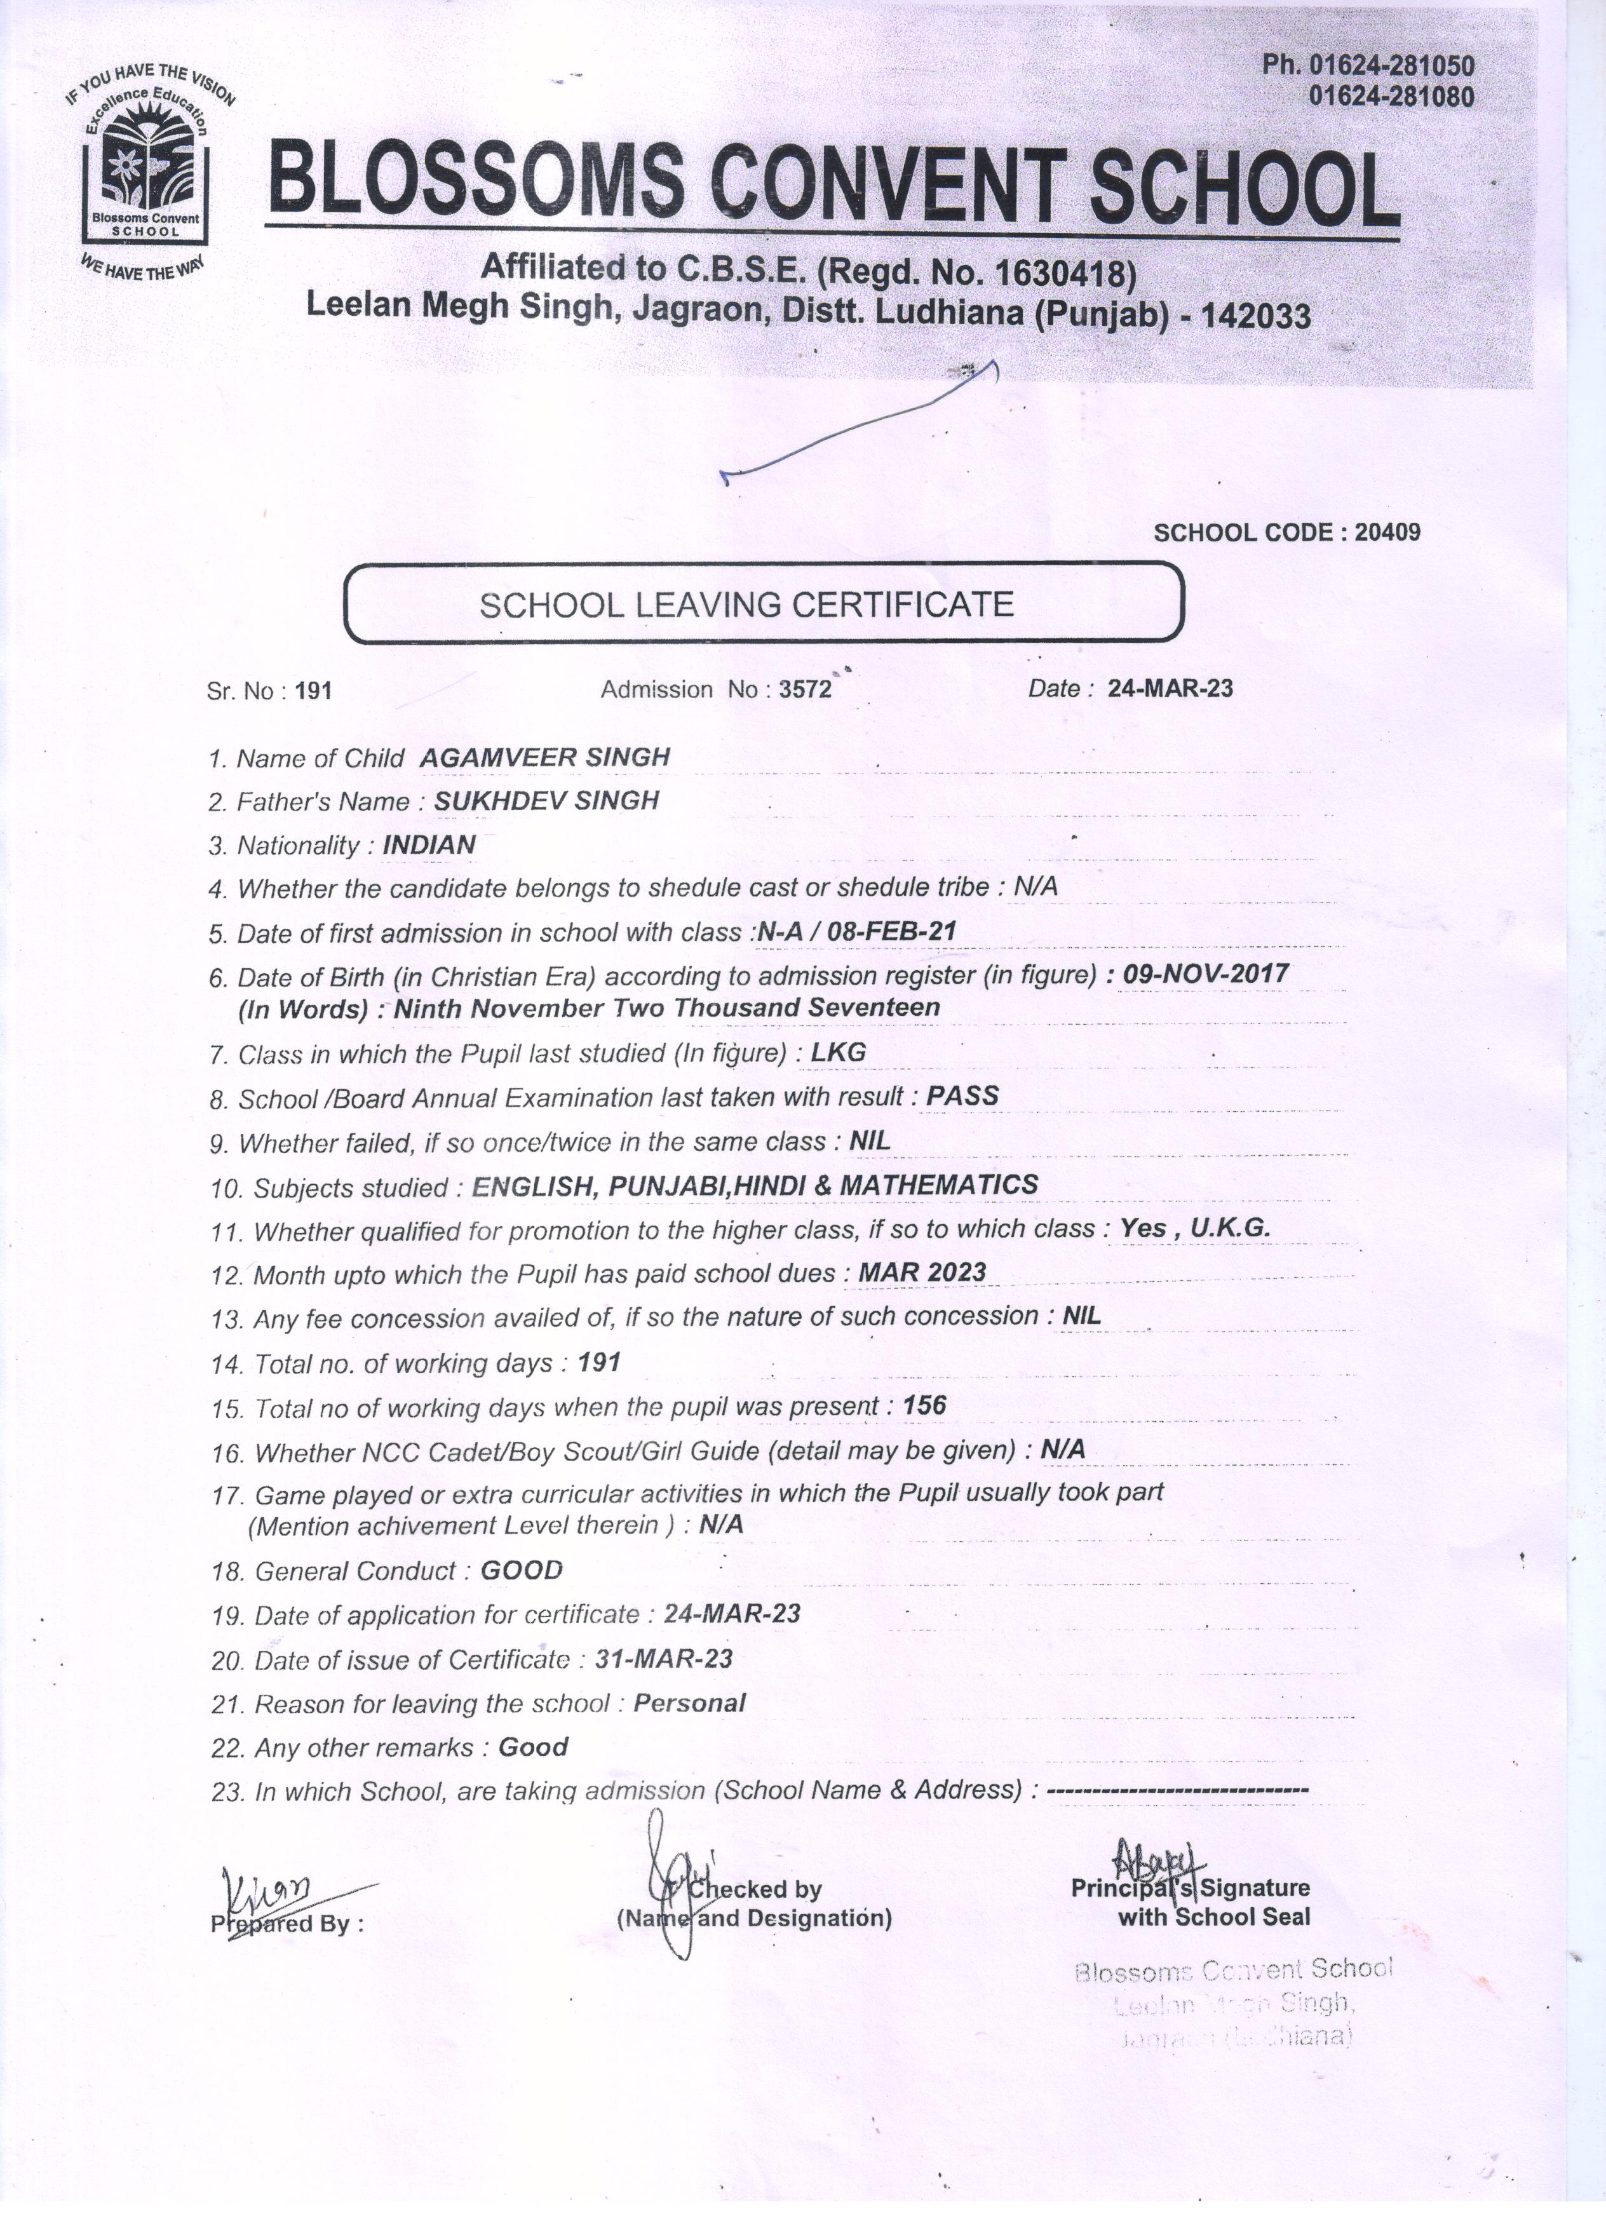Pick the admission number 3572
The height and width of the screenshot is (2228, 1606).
(x=806, y=690)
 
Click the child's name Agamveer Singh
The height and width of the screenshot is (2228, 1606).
(x=545, y=757)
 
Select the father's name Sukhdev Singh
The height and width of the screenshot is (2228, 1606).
(x=546, y=800)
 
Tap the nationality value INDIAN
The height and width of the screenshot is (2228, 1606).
(x=429, y=845)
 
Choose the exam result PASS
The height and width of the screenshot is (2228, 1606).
(x=962, y=1097)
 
